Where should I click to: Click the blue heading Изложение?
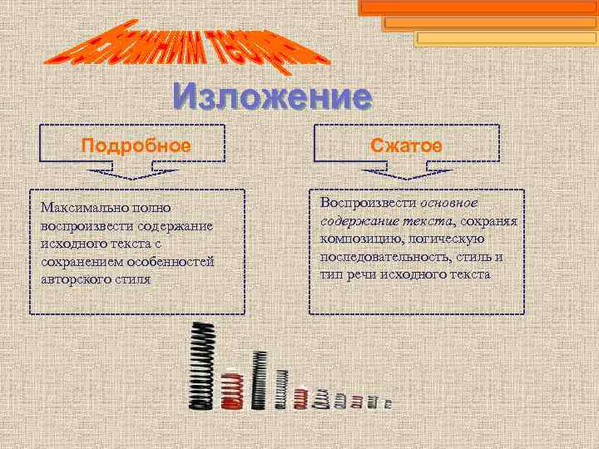(272, 98)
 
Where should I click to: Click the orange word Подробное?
(136, 146)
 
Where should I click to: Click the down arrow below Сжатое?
(407, 175)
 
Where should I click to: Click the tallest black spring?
(201, 366)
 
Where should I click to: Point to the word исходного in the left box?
(72, 242)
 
